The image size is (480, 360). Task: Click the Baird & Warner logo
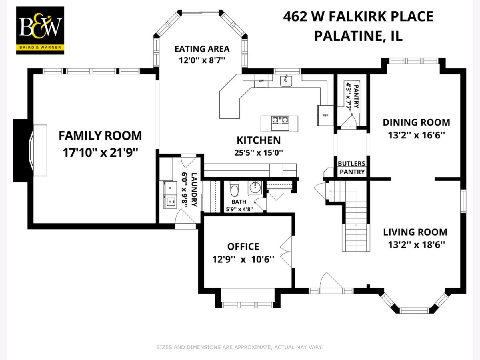40,30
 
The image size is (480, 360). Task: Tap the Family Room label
100,136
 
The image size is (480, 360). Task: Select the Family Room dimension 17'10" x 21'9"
100,152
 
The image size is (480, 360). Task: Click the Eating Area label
202,49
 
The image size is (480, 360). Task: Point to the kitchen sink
286,81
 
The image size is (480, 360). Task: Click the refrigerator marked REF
325,116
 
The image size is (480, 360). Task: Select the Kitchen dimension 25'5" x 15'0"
259,152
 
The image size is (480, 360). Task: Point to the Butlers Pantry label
352,168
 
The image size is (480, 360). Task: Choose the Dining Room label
416,122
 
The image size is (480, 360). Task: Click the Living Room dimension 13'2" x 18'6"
416,244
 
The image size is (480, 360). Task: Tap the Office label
243,246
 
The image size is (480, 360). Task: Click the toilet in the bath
235,189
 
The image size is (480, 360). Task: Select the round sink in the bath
255,188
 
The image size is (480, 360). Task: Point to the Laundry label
194,190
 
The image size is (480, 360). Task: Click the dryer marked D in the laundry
170,188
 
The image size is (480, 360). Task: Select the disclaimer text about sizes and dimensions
240,347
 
